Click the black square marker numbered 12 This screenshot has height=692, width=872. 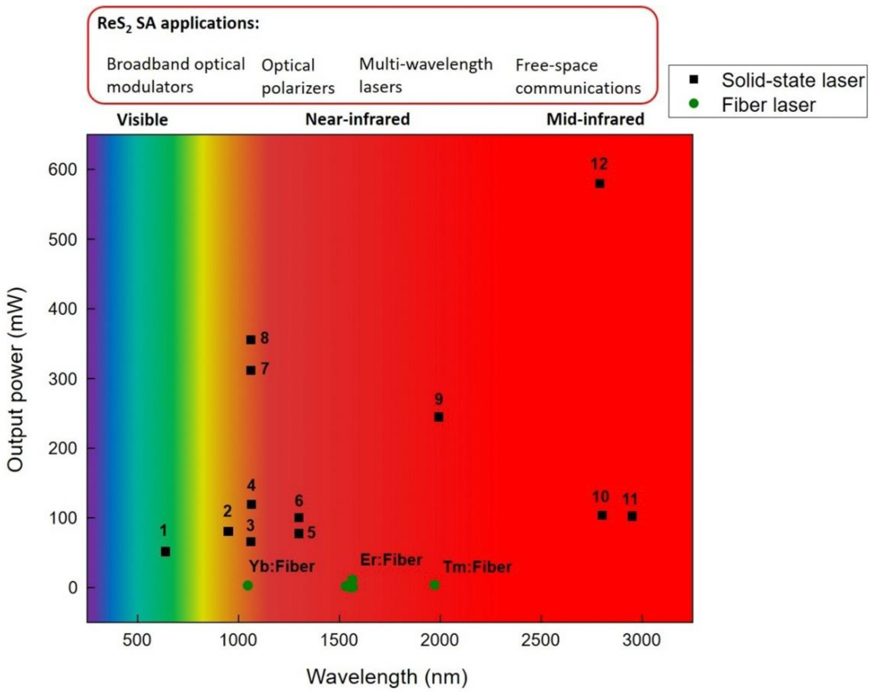pos(599,184)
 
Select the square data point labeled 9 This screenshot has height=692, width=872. pos(438,417)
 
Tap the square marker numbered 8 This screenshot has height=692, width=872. pos(251,340)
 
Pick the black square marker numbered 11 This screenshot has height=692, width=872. pos(632,517)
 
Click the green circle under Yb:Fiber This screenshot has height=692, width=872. pos(248,585)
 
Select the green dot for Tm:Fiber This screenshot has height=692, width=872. pos(434,585)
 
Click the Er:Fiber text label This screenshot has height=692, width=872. pos(391,560)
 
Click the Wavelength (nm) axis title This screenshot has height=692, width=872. pos(387,677)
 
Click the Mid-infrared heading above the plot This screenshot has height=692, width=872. pos(595,119)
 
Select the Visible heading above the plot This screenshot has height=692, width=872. pos(142,120)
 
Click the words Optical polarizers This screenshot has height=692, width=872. pos(298,76)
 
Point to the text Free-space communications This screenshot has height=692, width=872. pos(577,76)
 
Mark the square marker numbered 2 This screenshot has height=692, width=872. pos(228,531)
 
